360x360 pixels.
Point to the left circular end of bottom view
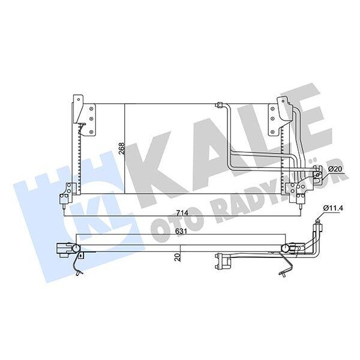[x=76, y=248]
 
